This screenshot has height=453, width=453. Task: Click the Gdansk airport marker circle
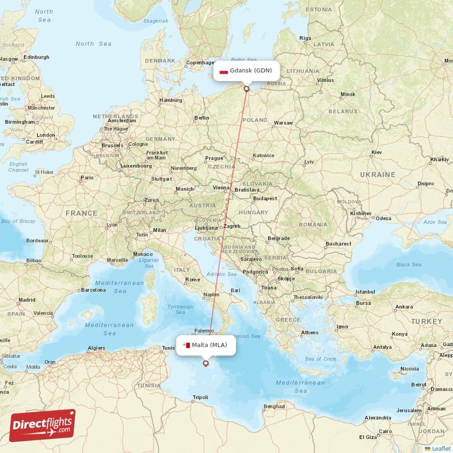pos(246,88)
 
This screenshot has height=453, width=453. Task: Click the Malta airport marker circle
pos(206,364)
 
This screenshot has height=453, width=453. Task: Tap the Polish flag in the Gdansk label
pos(224,71)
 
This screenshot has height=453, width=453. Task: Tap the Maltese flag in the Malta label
pos(186,345)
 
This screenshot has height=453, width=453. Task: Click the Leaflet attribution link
pos(441,448)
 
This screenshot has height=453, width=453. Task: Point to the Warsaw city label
pos(283,123)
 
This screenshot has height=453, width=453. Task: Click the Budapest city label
pos(265,199)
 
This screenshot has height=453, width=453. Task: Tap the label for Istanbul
pos(365,292)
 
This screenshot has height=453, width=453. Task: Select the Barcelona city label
pos(93,290)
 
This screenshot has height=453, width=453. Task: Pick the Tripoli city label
pos(200,398)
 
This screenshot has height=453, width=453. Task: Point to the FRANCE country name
pos(81,213)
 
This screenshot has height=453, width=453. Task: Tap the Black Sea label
pos(409,264)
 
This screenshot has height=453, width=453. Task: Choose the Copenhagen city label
pos(202,63)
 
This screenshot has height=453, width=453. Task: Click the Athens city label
pos(310,332)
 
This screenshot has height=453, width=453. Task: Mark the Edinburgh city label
pos(36,57)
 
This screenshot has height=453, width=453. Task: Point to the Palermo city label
pos(204,331)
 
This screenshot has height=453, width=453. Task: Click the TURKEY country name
pos(426,321)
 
